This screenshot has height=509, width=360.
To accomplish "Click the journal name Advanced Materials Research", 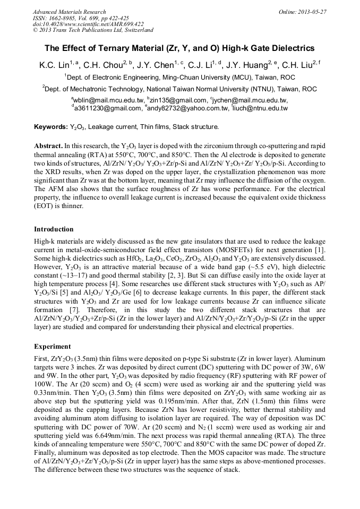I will pyautogui.click(x=69, y=12).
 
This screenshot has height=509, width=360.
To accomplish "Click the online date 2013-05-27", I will pyautogui.click(x=312, y=12).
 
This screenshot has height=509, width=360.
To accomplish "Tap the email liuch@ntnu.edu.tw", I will pyautogui.click(x=260, y=109).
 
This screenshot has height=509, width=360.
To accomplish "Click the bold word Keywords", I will pyautogui.click(x=50, y=127).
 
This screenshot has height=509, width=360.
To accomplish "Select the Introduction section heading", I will pyautogui.click(x=54, y=229).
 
